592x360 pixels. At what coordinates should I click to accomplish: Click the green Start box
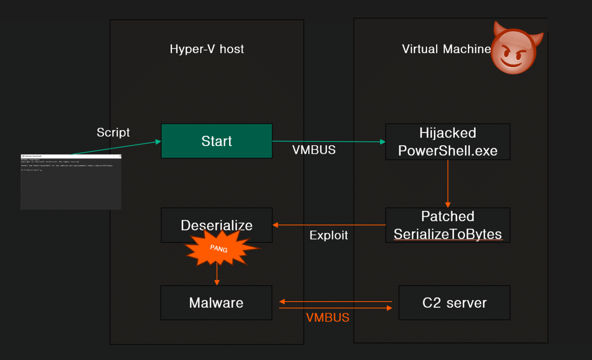217,141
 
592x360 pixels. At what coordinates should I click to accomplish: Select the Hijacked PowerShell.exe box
448,142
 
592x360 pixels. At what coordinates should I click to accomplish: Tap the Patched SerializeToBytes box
448,225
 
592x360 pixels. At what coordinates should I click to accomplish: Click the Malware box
216,303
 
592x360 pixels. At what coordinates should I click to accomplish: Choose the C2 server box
454,303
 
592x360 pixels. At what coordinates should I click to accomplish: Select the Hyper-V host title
207,49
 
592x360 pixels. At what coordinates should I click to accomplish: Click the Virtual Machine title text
446,49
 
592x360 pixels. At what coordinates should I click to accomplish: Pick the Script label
113,132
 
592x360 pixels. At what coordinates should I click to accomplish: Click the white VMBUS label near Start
314,150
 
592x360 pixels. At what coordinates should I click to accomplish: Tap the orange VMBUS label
328,318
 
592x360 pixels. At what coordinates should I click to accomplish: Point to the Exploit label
328,235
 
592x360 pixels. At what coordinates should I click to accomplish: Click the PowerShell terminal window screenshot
71,182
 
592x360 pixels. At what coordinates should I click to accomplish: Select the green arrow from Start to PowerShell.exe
329,142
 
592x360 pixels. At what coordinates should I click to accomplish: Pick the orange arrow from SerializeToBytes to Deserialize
329,225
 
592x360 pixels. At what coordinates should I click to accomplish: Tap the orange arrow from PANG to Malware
217,275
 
